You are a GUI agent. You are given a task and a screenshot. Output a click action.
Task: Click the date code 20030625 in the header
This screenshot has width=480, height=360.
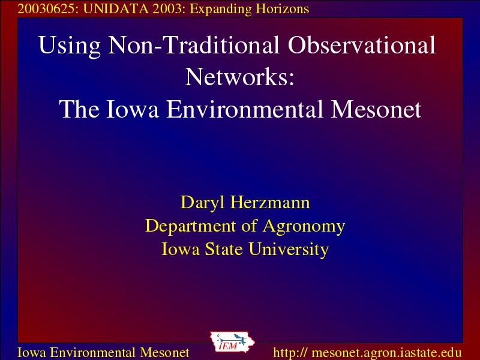point(46,9)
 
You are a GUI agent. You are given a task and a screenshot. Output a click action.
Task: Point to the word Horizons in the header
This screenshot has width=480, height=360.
point(283,9)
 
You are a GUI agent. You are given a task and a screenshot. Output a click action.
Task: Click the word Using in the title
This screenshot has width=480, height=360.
point(70,46)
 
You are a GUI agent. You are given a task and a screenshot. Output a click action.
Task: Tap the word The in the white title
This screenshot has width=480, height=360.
point(79,109)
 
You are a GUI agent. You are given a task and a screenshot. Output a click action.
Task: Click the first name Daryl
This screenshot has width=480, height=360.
point(203,203)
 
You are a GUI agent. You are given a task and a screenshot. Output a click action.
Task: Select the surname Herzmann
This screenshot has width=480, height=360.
point(270,202)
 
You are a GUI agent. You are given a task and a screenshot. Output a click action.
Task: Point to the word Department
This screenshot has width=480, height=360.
point(190,227)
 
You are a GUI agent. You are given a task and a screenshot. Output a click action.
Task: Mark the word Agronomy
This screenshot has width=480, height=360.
point(304,227)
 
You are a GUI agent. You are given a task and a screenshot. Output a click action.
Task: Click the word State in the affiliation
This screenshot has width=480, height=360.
point(224,249)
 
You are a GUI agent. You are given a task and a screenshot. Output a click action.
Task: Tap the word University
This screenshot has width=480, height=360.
point(289,250)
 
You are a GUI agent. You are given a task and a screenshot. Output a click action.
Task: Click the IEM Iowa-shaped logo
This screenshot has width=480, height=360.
point(232,342)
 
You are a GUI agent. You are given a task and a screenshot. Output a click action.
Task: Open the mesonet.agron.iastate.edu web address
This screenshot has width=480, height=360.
point(367,352)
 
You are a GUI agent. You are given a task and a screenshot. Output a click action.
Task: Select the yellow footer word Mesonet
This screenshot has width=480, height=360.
point(164,352)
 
